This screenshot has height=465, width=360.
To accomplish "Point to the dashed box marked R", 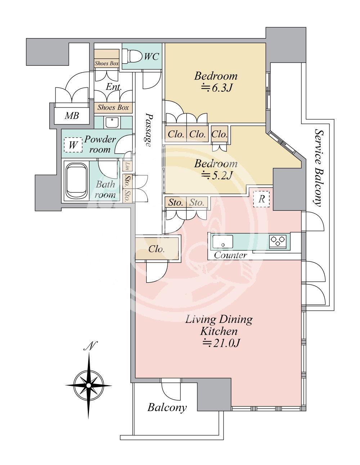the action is (261, 199).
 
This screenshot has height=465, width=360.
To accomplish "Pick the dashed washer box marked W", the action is (73, 145).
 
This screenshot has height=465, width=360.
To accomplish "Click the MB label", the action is (72, 116).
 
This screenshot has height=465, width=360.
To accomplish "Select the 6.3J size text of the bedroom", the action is (216, 88).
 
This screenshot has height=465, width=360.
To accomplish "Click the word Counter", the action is (230, 255).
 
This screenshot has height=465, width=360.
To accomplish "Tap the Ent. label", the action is (114, 87).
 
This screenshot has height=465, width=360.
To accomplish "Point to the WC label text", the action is (152, 56).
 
